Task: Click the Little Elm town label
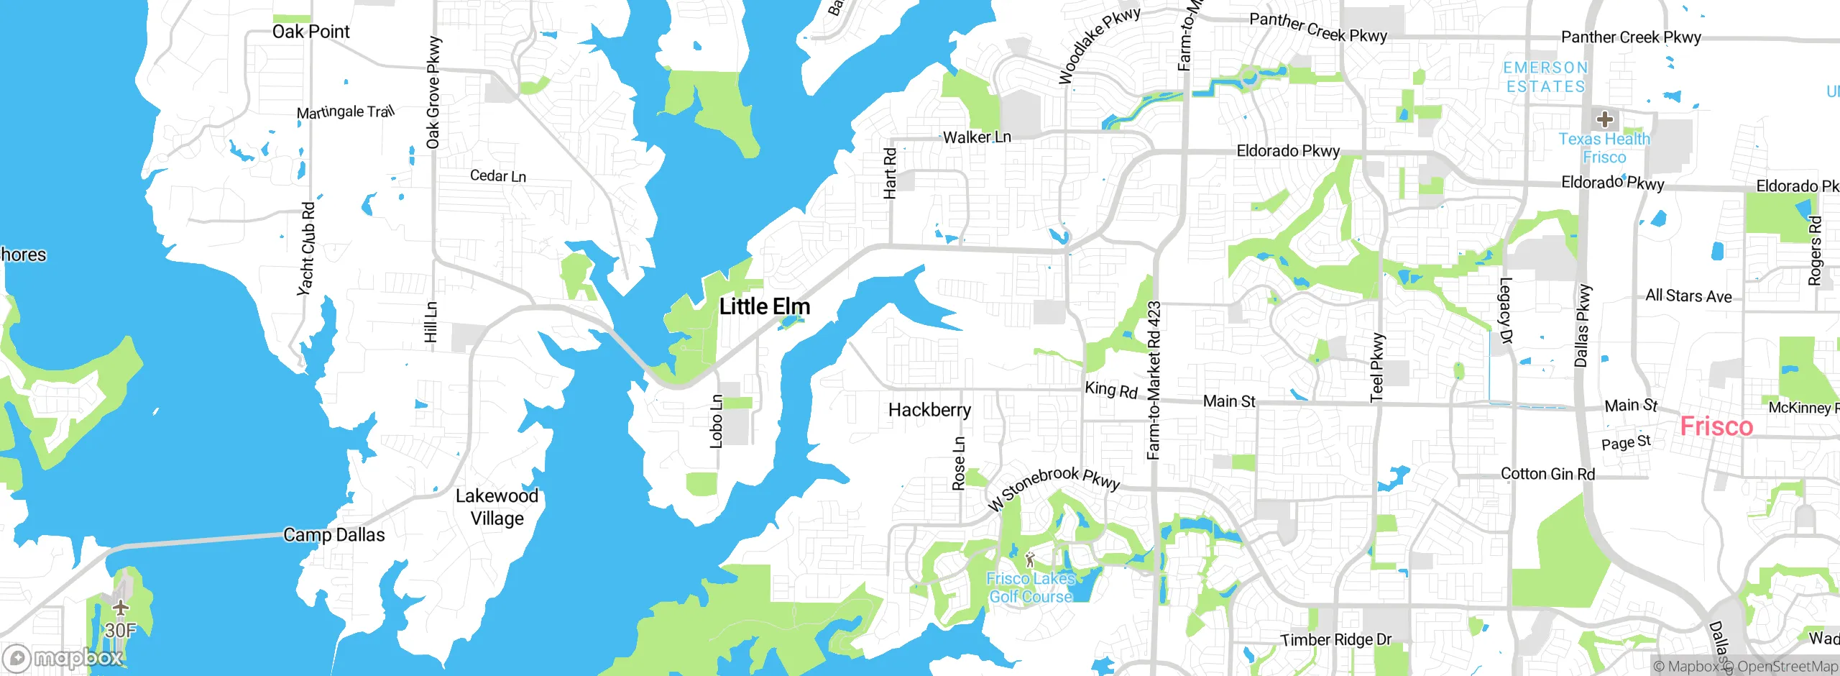pyautogui.click(x=765, y=307)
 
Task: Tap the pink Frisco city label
pyautogui.click(x=1716, y=426)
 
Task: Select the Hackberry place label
pyautogui.click(x=929, y=410)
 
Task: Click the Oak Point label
pyautogui.click(x=310, y=32)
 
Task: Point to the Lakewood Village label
pyautogui.click(x=497, y=507)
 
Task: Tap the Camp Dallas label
pyautogui.click(x=333, y=535)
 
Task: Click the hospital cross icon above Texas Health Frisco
pyautogui.click(x=1604, y=119)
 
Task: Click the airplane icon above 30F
pyautogui.click(x=121, y=608)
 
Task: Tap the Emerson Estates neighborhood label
pyautogui.click(x=1545, y=77)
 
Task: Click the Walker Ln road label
pyautogui.click(x=976, y=137)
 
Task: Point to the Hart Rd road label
pyautogui.click(x=890, y=173)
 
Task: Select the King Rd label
pyautogui.click(x=1110, y=390)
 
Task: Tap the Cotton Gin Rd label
pyautogui.click(x=1547, y=474)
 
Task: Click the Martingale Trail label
pyautogui.click(x=346, y=112)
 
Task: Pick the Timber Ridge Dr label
pyautogui.click(x=1335, y=639)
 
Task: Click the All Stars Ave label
pyautogui.click(x=1688, y=296)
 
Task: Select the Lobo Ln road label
pyautogui.click(x=717, y=421)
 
